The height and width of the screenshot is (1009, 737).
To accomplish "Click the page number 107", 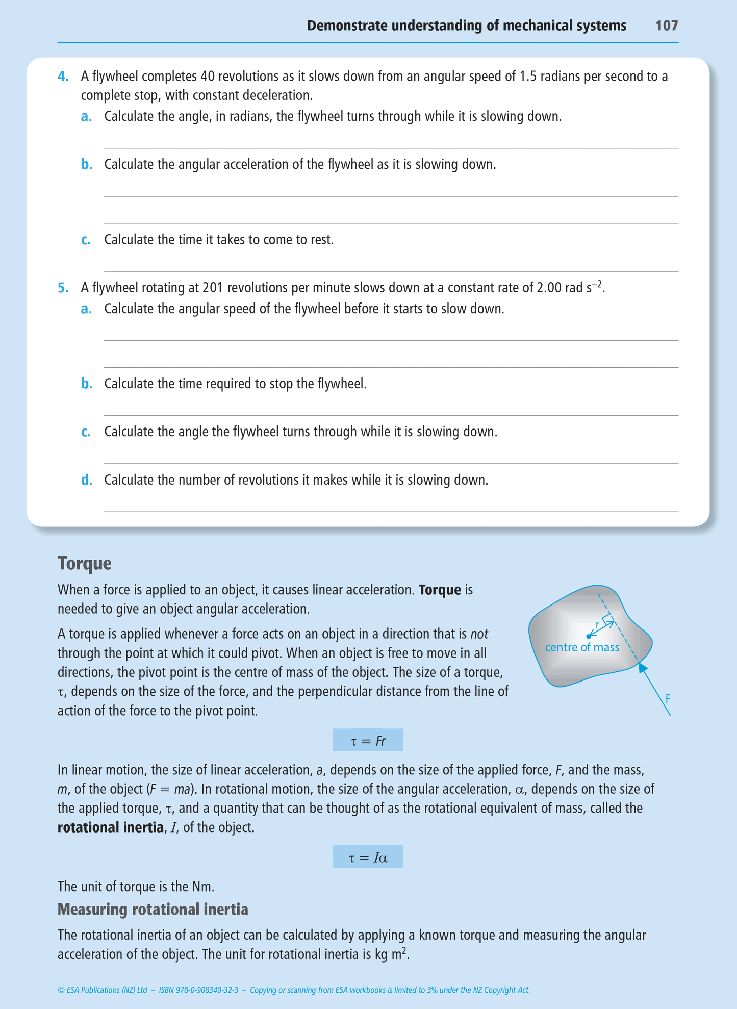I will point(667,26).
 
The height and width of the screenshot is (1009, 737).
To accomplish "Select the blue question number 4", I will point(63,77).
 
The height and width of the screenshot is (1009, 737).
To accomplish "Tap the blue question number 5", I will point(63,288).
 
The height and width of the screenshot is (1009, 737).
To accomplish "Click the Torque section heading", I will point(84,564).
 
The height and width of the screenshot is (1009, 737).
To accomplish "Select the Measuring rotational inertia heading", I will point(153,909).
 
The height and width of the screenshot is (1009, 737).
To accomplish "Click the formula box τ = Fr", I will point(368,740).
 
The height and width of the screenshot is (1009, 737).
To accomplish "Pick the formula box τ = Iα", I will point(368,857).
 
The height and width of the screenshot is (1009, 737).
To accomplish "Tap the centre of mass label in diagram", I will point(582,648).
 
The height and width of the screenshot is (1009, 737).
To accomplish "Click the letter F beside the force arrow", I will point(668,699).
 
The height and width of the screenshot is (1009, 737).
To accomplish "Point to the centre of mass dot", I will point(589,636).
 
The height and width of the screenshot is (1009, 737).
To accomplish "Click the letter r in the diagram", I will point(597,625).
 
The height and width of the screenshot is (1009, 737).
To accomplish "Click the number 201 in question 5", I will point(213,288).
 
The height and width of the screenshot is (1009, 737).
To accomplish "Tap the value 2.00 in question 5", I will point(549,288).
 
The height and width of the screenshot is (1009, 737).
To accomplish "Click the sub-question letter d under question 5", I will point(86,480).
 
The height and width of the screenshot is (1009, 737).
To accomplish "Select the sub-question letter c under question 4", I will point(86,240).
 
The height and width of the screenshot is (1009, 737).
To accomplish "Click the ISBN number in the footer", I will point(198,990).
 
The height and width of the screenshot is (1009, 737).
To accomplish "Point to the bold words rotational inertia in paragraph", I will point(110,827).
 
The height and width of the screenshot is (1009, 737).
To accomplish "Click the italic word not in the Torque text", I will point(479,634).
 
